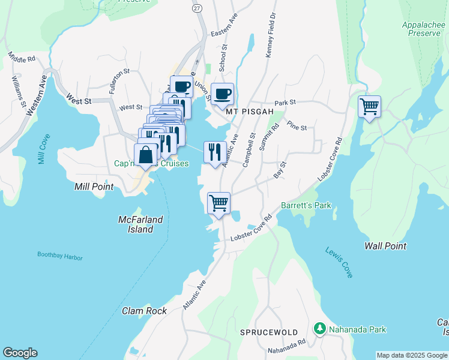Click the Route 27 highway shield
197,9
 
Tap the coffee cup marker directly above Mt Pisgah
222,94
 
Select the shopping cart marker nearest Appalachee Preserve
369,107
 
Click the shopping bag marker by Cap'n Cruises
146,155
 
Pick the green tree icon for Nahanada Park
320,329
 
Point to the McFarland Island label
140,224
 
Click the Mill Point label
94,187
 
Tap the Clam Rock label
144,311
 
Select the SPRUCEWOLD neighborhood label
269,332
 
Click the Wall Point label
385,246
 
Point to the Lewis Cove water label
339,262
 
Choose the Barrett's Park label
306,206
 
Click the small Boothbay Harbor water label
60,257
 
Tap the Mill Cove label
43,149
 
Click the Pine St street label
297,127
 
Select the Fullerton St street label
119,82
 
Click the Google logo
20,353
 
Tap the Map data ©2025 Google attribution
411,355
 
